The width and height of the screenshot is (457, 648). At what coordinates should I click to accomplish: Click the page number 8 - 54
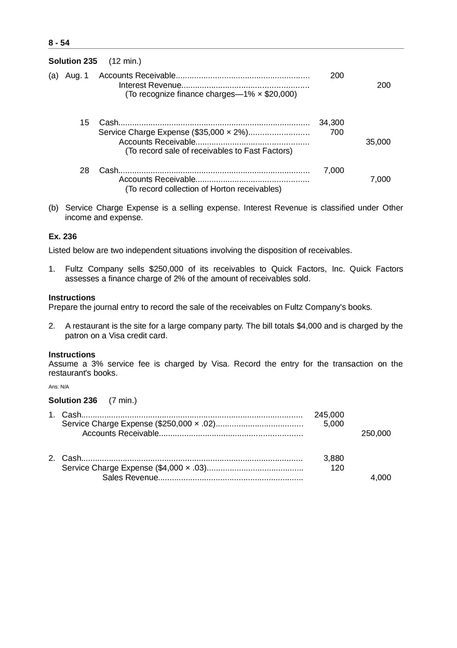coord(59,43)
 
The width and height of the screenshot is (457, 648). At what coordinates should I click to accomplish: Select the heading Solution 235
coord(73,61)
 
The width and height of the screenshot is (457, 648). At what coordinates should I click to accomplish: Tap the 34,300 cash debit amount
coord(331,123)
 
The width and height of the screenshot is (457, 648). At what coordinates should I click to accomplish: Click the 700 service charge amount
coord(337,132)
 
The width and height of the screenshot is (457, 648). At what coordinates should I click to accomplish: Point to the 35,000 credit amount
coord(378,142)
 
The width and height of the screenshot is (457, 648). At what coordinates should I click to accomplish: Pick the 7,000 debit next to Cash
coord(333,170)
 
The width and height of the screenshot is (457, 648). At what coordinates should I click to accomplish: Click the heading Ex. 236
coord(62,236)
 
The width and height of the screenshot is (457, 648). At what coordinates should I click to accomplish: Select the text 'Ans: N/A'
coord(59,387)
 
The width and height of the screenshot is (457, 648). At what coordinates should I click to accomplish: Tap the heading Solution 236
coord(73,401)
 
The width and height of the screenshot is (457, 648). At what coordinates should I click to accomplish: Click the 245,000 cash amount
coord(329,415)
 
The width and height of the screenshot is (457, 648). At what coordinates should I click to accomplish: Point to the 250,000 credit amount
coord(376,433)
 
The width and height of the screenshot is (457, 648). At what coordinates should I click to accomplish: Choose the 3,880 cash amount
coord(333,458)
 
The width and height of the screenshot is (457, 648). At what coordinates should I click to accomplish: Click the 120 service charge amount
coord(337,468)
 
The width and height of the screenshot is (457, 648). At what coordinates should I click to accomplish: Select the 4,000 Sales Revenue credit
coord(381,478)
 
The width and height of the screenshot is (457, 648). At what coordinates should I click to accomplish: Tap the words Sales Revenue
coord(130,478)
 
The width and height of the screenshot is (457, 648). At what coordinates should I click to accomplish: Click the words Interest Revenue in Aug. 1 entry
coord(150,85)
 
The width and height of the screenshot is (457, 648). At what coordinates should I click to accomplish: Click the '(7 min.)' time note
coord(123,401)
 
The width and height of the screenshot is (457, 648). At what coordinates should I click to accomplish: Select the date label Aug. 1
coord(77,76)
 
